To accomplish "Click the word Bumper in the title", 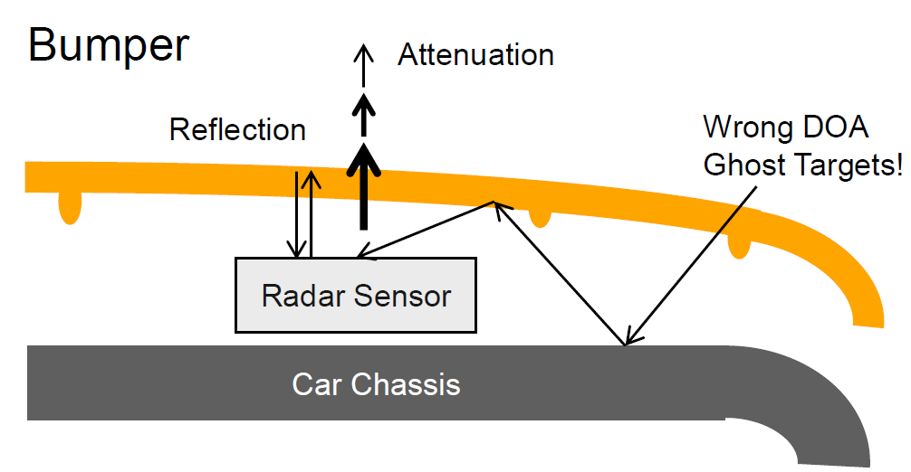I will tap(109, 46).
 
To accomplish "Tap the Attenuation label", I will tap(475, 55).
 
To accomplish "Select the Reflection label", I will tap(237, 130).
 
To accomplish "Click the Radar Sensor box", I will tap(355, 295).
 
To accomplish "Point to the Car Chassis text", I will tap(376, 384).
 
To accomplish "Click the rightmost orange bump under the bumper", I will tap(739, 245).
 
